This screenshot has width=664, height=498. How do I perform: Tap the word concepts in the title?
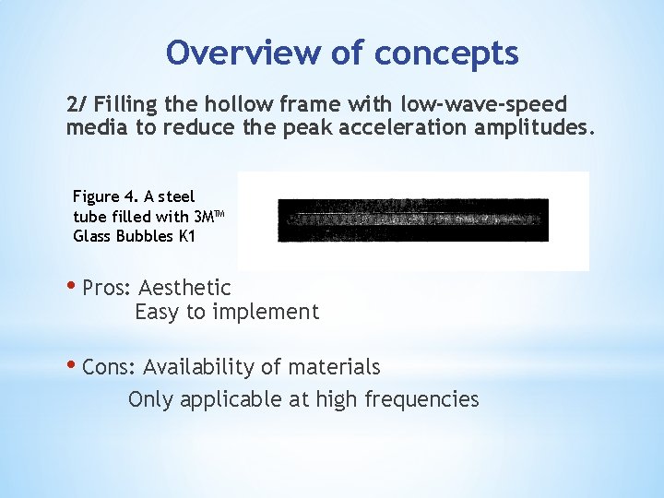pyautogui.click(x=446, y=54)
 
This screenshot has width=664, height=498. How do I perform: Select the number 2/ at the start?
pyautogui.click(x=76, y=103)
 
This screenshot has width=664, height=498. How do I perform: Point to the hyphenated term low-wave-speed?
pyautogui.click(x=484, y=103)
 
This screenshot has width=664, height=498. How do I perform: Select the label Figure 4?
pyautogui.click(x=105, y=196)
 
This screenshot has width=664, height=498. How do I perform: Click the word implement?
pyautogui.click(x=267, y=312)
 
